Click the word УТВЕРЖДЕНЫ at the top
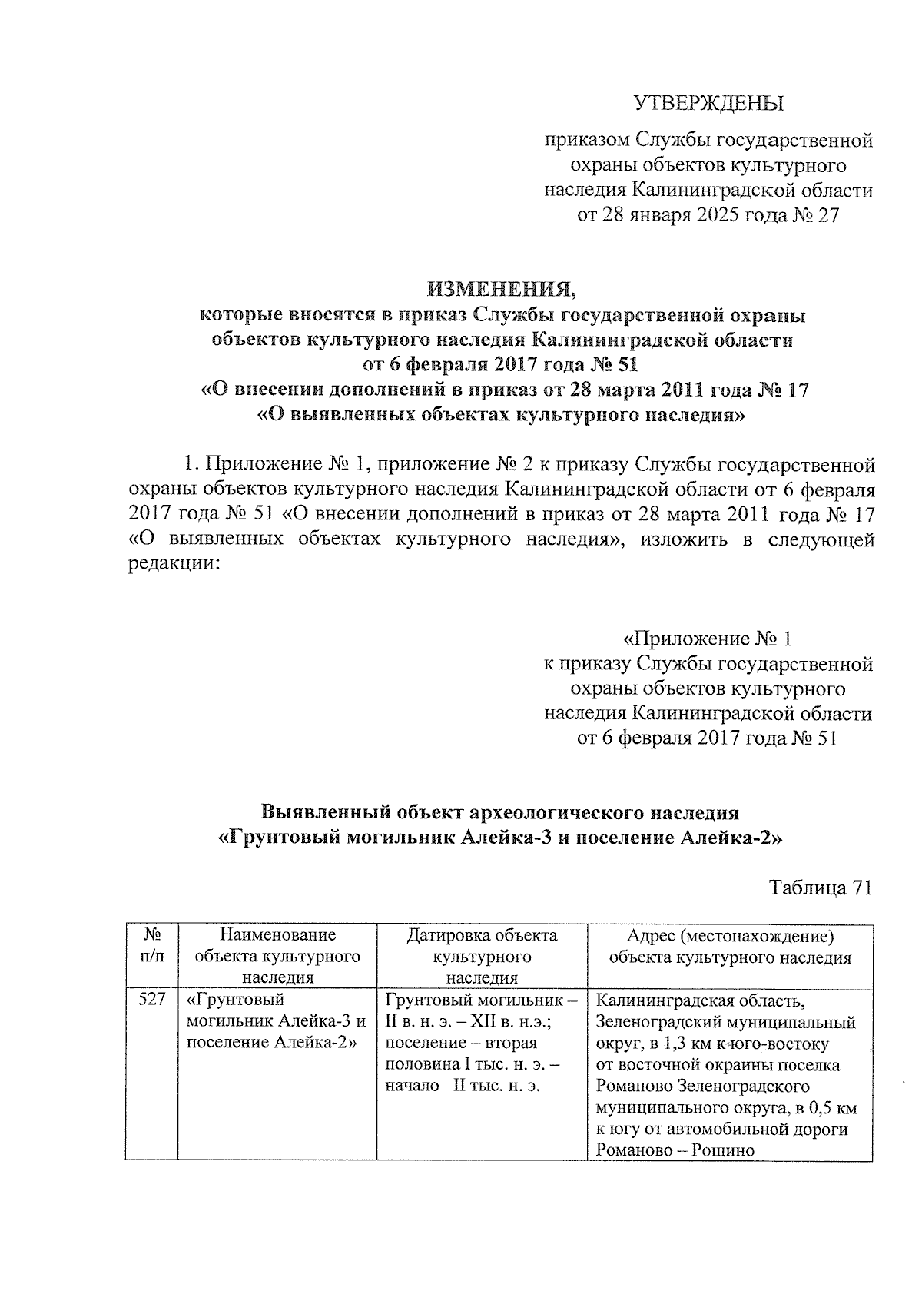click(x=708, y=103)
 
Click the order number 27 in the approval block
click(x=826, y=216)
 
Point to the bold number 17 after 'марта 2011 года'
click(x=798, y=390)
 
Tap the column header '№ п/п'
click(x=152, y=946)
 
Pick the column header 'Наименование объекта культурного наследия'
click(x=277, y=957)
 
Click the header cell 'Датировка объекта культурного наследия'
click(x=482, y=957)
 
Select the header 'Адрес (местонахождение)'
click(x=729, y=935)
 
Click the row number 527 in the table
click(x=152, y=1000)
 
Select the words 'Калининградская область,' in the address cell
click(x=700, y=1001)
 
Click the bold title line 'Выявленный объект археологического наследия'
click(x=500, y=812)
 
